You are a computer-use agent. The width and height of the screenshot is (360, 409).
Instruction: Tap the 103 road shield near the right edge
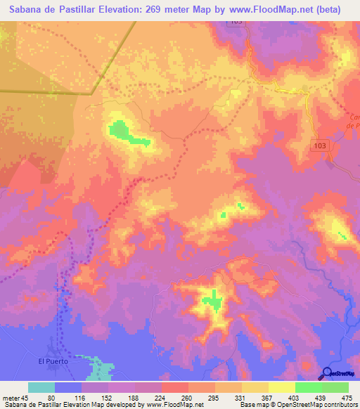(320, 143)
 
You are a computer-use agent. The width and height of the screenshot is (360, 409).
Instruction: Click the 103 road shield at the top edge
(236, 22)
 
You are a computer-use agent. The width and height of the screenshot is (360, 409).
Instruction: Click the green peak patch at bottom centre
(212, 301)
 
